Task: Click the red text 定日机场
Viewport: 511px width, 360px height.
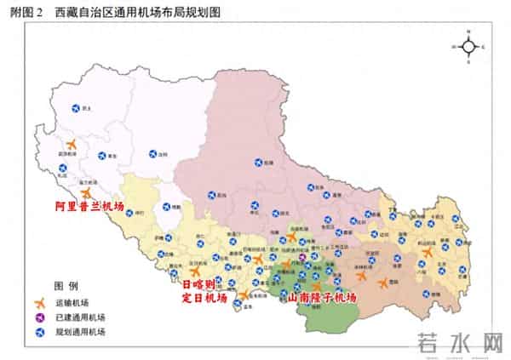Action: pos(206,299)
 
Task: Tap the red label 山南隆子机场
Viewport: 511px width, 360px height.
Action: pos(322,299)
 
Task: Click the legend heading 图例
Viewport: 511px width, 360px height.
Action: pos(66,285)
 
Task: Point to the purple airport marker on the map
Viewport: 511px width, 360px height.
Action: pos(302,257)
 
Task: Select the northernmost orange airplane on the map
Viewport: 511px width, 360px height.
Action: pos(71,144)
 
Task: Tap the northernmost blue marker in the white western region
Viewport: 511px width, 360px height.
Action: pos(75,108)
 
